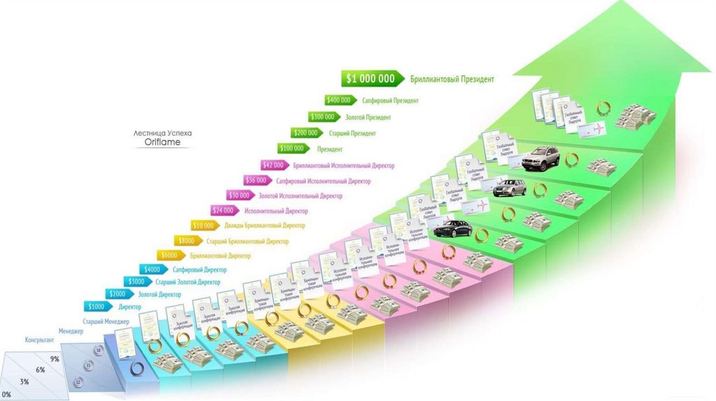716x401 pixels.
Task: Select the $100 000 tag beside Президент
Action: pos(292,149)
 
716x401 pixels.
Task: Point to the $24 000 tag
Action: pos(223,210)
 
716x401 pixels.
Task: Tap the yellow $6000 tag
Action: pos(171,256)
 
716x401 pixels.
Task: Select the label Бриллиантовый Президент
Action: pos(452,80)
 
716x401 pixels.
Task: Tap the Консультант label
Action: pos(40,340)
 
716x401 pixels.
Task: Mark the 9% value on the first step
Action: pos(55,358)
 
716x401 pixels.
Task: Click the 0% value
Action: pos(7,395)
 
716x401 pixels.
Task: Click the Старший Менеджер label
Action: pos(106,321)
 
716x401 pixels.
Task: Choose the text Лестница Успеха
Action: pos(162,132)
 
